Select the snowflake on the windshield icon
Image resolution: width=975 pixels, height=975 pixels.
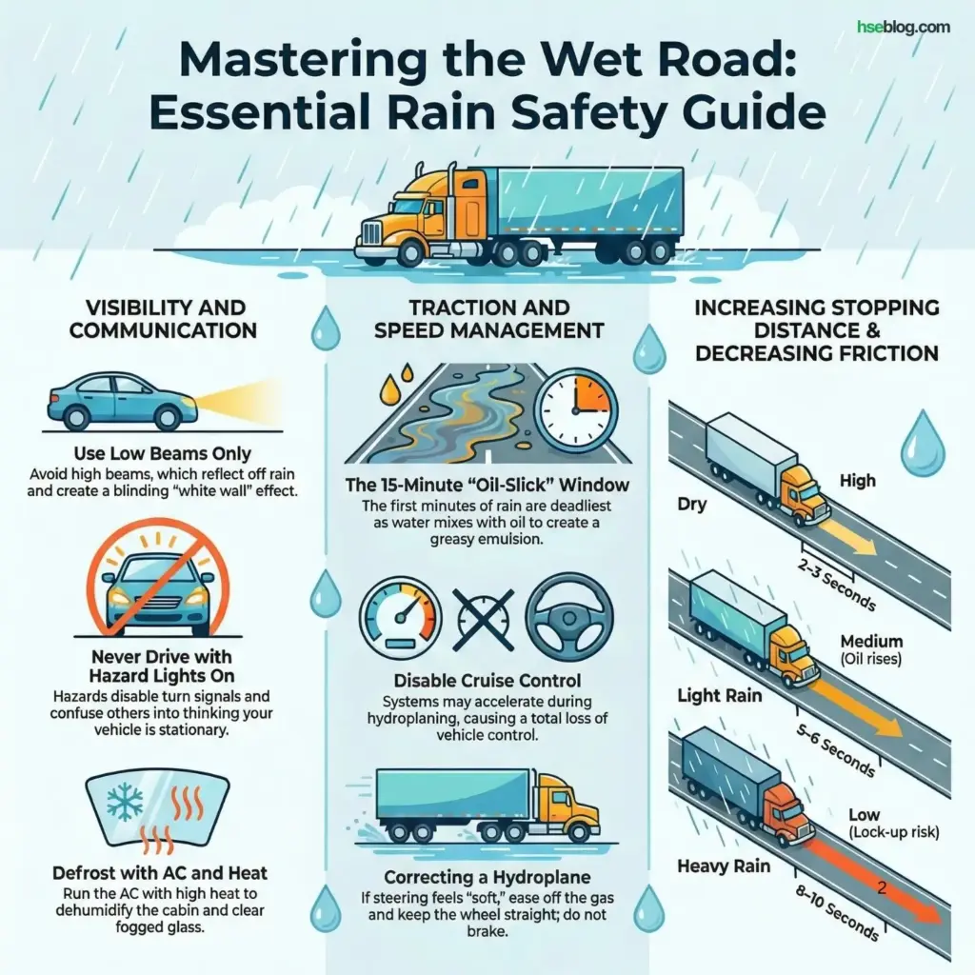125,804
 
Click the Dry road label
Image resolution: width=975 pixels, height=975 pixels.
692,504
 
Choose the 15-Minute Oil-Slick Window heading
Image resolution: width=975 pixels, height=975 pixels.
487,486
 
